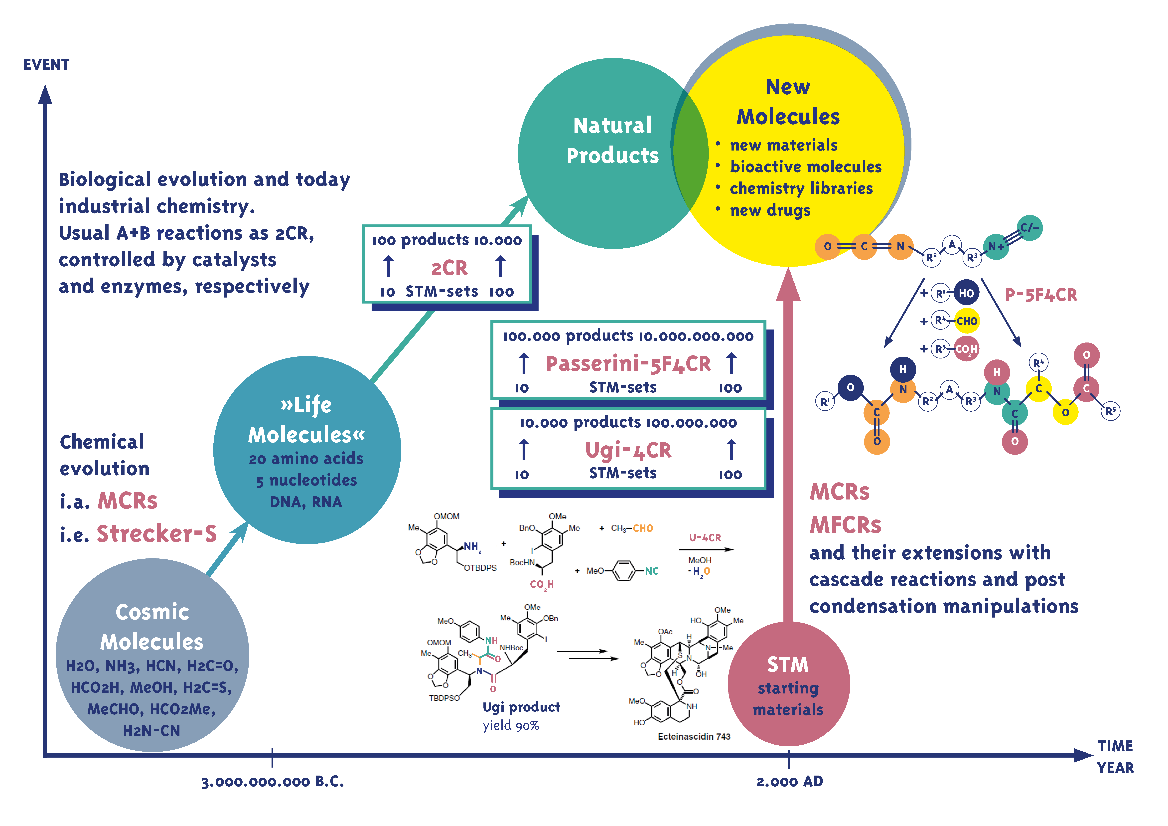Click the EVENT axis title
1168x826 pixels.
[x=46, y=65]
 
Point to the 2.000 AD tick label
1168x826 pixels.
[x=790, y=782]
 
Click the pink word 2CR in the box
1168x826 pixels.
[x=449, y=268]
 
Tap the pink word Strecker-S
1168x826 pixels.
[x=157, y=533]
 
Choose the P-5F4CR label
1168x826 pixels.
[x=1041, y=295]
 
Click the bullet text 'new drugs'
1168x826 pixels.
[x=770, y=210]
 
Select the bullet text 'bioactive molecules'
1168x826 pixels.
[x=805, y=166]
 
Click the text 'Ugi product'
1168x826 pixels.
[x=521, y=707]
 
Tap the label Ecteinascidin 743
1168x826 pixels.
[x=694, y=736]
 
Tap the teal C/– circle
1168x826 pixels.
[x=1029, y=228]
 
